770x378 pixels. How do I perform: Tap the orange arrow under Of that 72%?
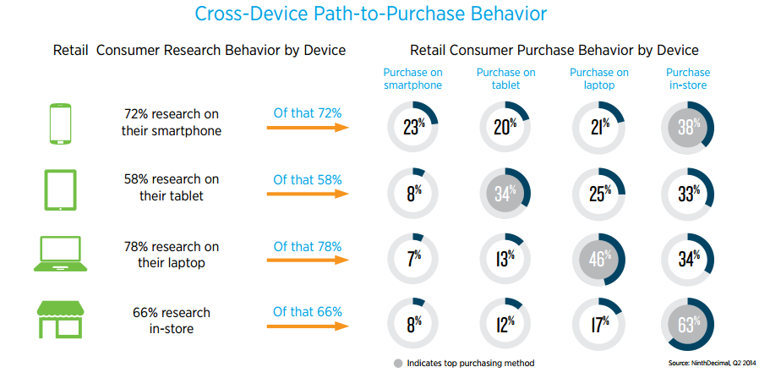click(x=308, y=128)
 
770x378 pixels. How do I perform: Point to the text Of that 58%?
click(x=308, y=179)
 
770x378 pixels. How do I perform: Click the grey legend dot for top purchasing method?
click(x=397, y=363)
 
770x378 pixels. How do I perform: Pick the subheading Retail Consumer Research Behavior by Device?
click(x=199, y=51)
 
